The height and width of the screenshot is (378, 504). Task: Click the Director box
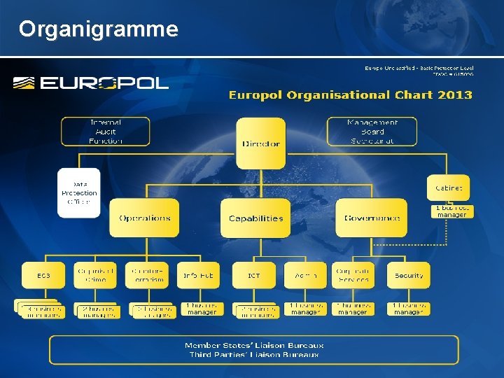point(260,143)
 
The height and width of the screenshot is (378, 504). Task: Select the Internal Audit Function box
point(105,132)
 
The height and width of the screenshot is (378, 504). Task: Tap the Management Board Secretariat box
point(372,132)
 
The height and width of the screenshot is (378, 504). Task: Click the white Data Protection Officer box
point(79,192)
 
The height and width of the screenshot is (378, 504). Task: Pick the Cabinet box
point(449,188)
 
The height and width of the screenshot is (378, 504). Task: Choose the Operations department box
point(144,218)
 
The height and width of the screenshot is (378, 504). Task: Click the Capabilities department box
point(255,218)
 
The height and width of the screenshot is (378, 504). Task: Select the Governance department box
point(372,218)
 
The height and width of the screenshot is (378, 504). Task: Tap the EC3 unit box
point(43,276)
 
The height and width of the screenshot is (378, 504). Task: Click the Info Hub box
point(198,276)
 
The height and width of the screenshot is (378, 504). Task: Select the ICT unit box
point(253,276)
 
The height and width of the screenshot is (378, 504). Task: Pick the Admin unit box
point(305,276)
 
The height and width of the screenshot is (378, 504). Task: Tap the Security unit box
point(409,276)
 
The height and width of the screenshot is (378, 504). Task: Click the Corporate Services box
point(353,276)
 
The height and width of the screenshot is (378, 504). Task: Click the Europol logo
point(91,83)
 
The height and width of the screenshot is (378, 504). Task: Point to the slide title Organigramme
point(99,29)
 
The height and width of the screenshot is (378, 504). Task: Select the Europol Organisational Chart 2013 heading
point(350,94)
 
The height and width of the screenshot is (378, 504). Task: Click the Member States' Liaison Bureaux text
point(254,345)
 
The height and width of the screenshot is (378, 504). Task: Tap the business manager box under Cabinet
point(451,211)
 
